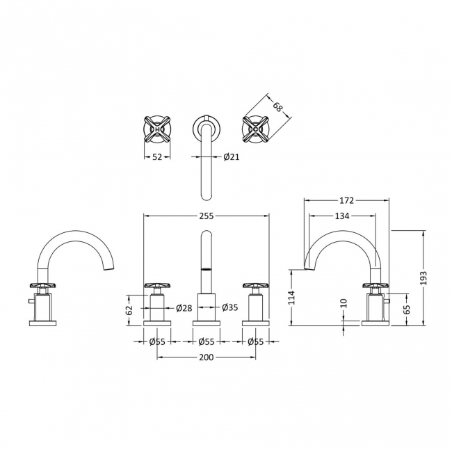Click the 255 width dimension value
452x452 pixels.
tap(207, 216)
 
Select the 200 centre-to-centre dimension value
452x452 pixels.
tap(207, 357)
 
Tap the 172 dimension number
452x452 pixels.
tap(346, 200)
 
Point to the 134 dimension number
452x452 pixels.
tap(342, 216)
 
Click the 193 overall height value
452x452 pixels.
tap(423, 278)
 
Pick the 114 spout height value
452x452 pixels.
tap(292, 298)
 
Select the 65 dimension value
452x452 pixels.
tap(407, 309)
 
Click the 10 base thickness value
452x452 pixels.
tap(344, 303)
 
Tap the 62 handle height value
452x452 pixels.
tap(129, 309)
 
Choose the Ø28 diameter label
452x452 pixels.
tap(184, 308)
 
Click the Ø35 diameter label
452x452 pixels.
tap(230, 307)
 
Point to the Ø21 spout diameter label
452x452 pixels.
tap(231, 157)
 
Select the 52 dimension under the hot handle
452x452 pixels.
tap(157, 157)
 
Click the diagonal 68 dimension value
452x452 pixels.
tap(278, 107)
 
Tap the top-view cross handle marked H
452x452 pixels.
tap(157, 129)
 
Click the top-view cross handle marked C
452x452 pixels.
tap(256, 129)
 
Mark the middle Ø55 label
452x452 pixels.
tap(207, 342)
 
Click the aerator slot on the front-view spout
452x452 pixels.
tap(207, 269)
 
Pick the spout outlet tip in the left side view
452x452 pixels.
tap(108, 268)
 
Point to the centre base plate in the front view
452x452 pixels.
tap(207, 323)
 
